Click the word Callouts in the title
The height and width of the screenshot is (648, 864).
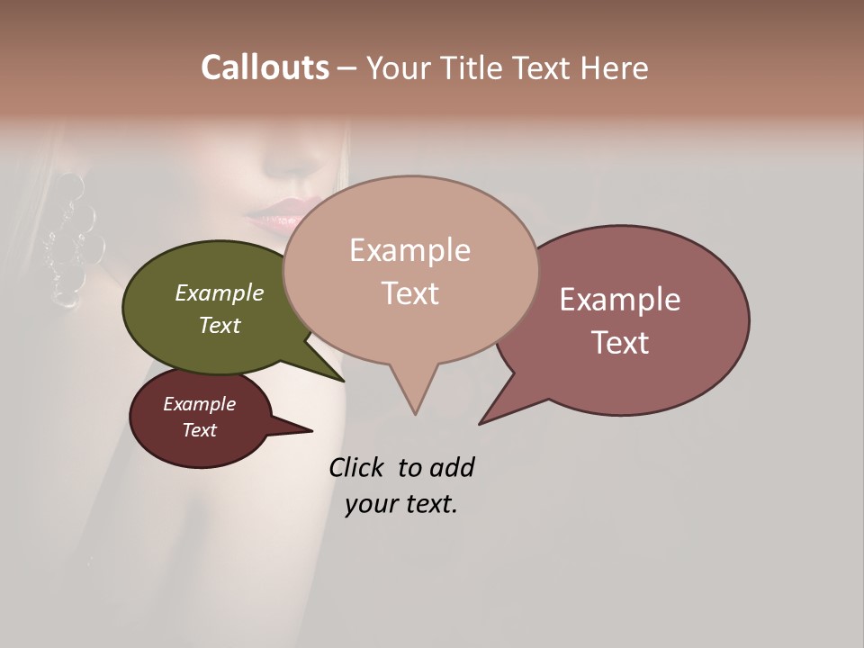265,67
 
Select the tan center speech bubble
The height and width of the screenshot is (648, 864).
410,270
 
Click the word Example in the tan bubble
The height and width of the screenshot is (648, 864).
410,250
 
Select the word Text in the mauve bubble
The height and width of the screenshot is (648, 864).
620,343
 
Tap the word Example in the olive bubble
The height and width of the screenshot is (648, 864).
220,292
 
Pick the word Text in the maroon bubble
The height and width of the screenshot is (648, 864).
200,430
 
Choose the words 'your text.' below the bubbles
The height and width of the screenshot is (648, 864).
401,504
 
